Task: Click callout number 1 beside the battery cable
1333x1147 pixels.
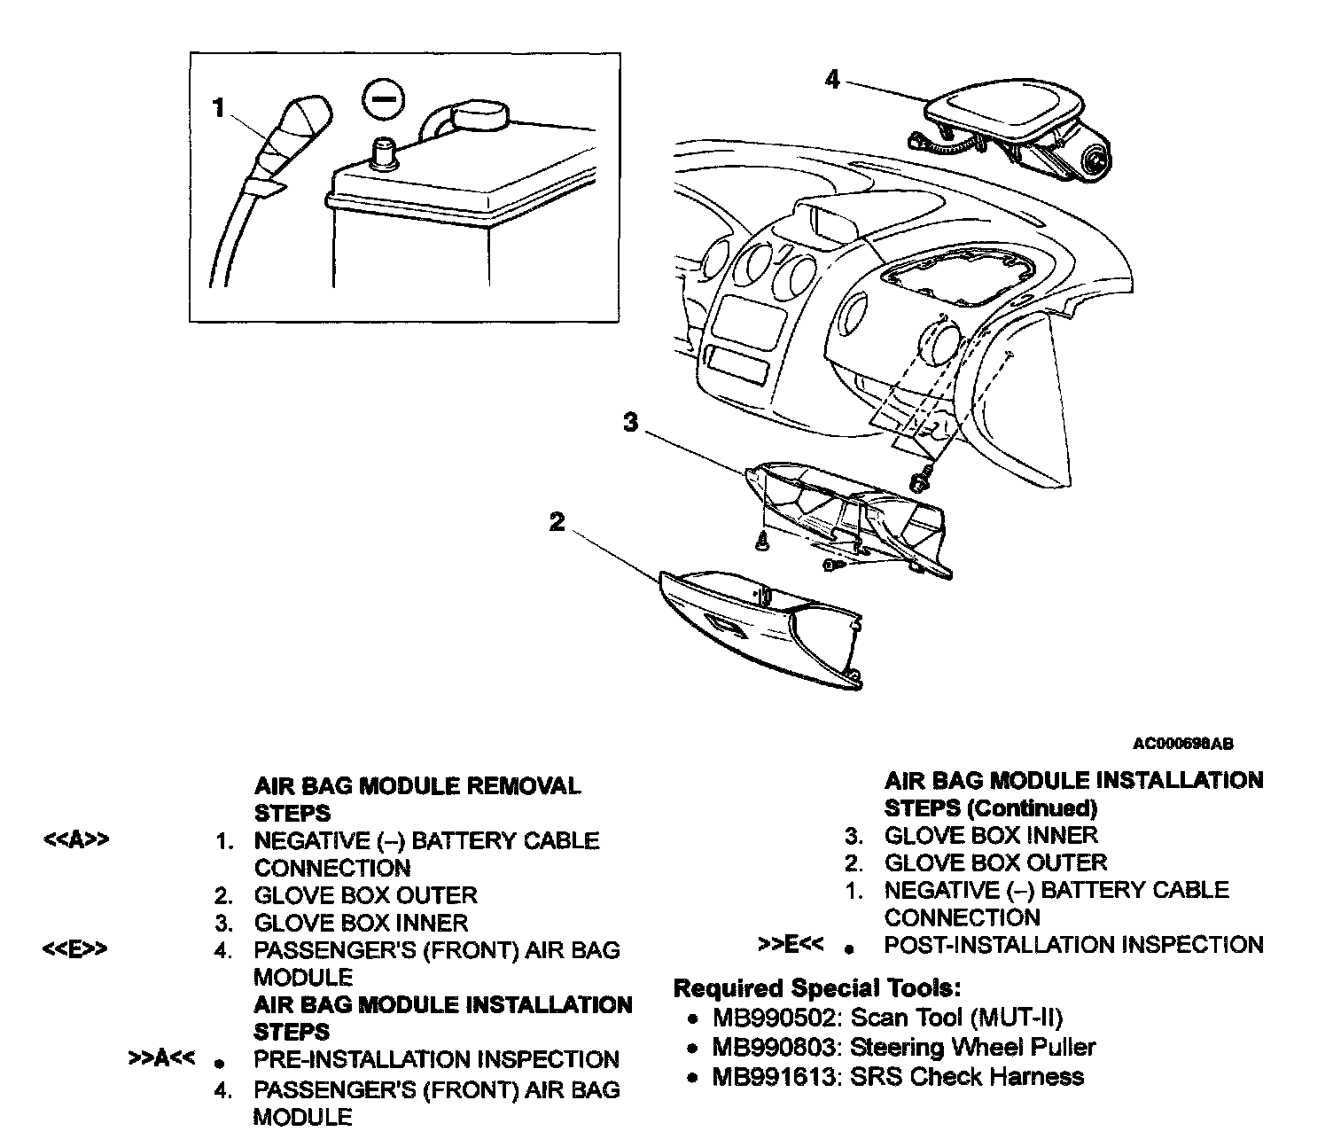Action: (219, 108)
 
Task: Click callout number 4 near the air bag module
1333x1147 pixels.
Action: (831, 80)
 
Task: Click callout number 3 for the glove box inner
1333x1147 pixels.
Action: (630, 423)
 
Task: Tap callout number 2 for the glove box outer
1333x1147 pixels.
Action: (557, 522)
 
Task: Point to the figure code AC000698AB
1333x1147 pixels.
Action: (1182, 744)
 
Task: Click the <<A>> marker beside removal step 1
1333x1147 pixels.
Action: (76, 840)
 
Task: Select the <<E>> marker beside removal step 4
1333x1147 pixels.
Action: (76, 949)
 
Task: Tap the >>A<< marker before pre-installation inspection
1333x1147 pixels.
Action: (161, 1058)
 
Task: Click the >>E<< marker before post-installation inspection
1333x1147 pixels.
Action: (791, 944)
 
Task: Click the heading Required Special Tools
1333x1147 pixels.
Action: (817, 987)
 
